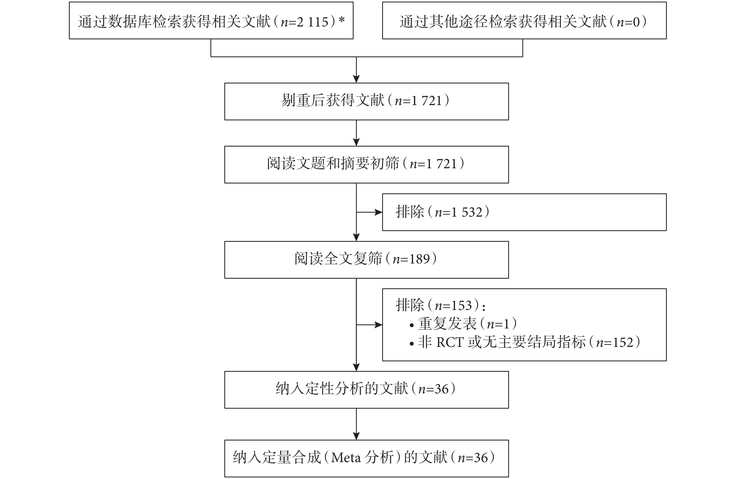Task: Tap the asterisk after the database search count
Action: tap(341, 20)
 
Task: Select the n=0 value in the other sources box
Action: tap(628, 22)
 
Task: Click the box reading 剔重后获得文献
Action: tap(366, 101)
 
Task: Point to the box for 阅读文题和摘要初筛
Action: tap(366, 164)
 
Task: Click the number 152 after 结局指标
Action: tap(623, 342)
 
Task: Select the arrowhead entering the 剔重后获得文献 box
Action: tap(356, 79)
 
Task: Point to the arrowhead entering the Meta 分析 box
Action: tap(356, 436)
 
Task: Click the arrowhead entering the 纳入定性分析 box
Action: tap(356, 367)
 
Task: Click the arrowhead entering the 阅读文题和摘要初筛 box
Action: tap(356, 142)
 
